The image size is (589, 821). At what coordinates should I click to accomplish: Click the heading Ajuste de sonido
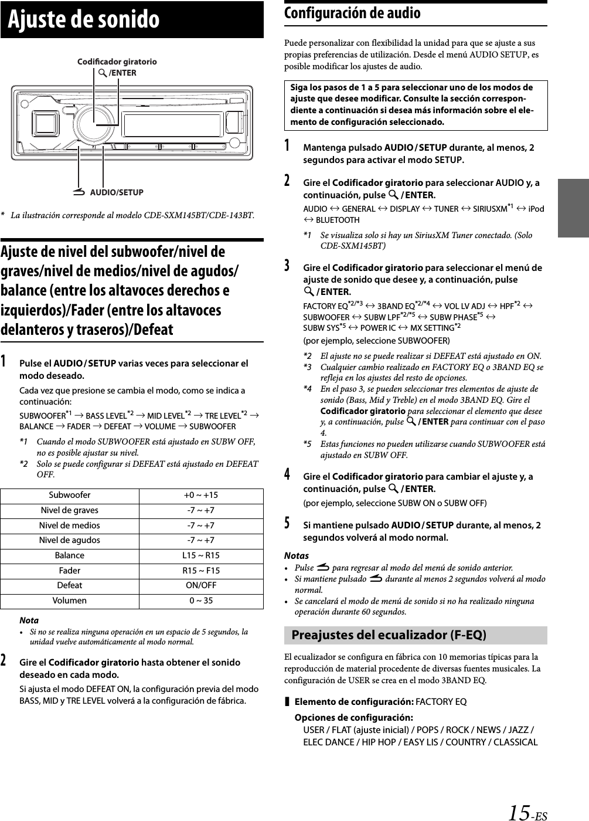84,19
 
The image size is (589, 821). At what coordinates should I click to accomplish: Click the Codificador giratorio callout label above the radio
117,61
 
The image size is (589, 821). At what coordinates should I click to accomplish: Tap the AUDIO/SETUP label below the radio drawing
117,192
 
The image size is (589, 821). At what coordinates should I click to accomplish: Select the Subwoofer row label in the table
70,495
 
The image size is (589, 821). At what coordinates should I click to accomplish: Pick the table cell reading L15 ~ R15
201,555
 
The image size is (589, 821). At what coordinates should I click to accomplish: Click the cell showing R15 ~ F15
201,571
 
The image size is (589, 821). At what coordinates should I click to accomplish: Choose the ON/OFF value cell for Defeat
201,585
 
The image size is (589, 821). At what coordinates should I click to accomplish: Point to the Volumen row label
70,601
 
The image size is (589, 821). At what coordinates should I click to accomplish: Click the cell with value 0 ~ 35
201,601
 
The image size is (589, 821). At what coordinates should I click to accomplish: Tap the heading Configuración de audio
352,13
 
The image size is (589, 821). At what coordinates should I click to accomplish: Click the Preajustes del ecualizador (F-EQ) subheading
389,635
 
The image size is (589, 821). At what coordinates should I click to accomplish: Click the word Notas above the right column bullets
296,555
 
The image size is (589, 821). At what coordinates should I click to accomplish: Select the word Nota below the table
29,620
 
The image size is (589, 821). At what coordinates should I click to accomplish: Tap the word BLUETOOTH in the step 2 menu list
338,220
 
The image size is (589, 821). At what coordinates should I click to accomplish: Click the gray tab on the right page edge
573,208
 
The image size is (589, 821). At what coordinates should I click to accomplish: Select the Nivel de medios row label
70,525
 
